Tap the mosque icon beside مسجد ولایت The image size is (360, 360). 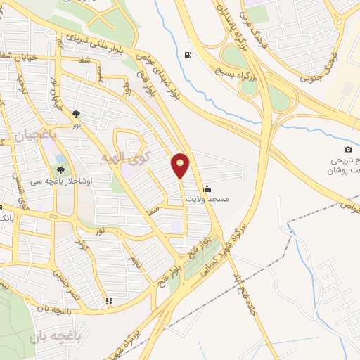(x=206, y=188)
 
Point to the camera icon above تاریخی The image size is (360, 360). (x=348, y=150)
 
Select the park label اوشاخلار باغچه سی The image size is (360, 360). (x=51, y=181)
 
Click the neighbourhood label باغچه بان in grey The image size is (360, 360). (x=52, y=337)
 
